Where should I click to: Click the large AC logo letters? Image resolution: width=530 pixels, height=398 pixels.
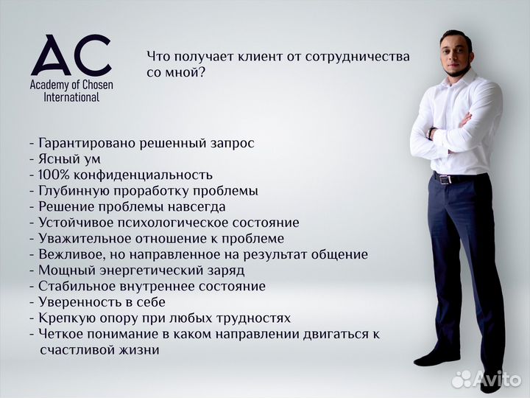click(x=71, y=55)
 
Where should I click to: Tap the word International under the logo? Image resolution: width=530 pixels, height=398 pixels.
click(x=71, y=97)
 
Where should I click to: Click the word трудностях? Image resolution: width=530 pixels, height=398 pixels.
click(x=251, y=318)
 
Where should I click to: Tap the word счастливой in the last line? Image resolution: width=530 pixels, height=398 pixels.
click(x=73, y=350)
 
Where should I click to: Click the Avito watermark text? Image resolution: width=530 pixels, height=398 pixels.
click(x=495, y=378)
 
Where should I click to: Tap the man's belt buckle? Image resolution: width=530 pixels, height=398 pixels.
click(x=444, y=178)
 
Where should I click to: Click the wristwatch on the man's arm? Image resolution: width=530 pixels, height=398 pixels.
click(x=431, y=133)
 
